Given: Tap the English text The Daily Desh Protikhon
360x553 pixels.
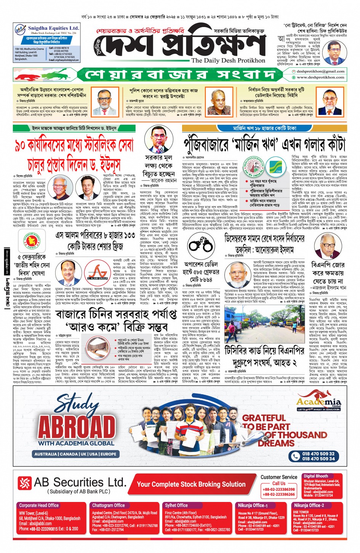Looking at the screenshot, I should [228, 60].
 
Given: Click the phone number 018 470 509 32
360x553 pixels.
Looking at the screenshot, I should [318, 454].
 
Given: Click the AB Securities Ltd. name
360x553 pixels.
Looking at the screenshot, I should [80, 483].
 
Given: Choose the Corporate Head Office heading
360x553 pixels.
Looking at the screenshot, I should [39, 505].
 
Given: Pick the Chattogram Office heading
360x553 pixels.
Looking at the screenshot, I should [109, 505].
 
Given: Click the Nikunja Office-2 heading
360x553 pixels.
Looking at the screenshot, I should [309, 505].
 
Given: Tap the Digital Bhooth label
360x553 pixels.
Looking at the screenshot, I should [315, 476].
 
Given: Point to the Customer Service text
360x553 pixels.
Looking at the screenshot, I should [279, 477].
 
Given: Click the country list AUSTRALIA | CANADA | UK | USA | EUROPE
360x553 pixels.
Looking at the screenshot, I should [75, 454].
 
